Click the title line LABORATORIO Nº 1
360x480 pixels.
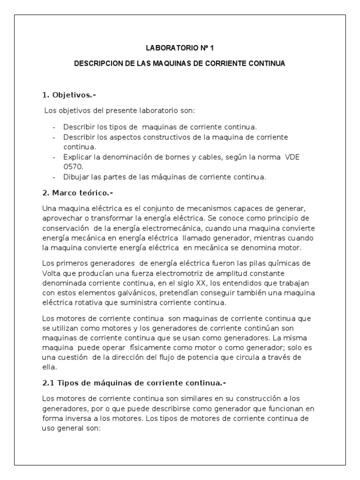coord(180,48)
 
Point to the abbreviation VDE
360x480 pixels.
coord(292,157)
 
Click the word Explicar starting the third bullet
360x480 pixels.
coord(78,157)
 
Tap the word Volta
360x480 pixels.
coord(52,272)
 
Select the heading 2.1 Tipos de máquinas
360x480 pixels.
coord(134,383)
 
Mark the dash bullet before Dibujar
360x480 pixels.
coord(54,177)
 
